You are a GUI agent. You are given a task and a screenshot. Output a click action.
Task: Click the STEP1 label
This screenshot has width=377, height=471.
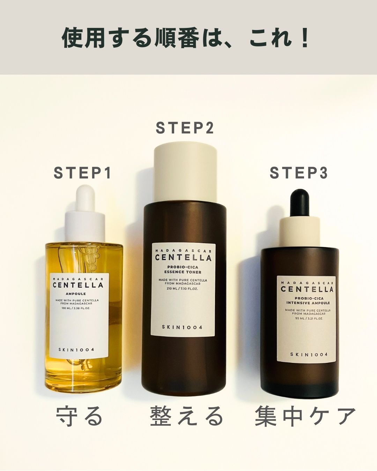(82, 173)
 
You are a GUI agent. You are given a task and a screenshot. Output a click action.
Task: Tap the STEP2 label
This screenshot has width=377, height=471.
(184, 128)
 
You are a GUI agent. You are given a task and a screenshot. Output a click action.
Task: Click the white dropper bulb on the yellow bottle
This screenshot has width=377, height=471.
(86, 199)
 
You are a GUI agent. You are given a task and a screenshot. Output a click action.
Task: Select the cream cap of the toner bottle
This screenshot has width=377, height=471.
(186, 173)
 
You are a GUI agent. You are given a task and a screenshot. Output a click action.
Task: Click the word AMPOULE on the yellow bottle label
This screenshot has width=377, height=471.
(79, 294)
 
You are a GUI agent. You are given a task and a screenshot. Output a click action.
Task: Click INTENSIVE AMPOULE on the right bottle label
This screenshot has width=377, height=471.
(306, 303)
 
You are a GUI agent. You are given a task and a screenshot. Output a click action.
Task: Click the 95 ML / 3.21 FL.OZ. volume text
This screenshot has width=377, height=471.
(306, 319)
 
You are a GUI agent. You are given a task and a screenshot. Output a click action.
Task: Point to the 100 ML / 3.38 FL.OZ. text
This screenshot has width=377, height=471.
(79, 308)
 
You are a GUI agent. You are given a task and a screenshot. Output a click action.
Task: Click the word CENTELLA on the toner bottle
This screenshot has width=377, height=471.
(183, 258)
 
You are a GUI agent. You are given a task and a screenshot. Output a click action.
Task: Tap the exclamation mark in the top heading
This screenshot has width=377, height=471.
(305, 39)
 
